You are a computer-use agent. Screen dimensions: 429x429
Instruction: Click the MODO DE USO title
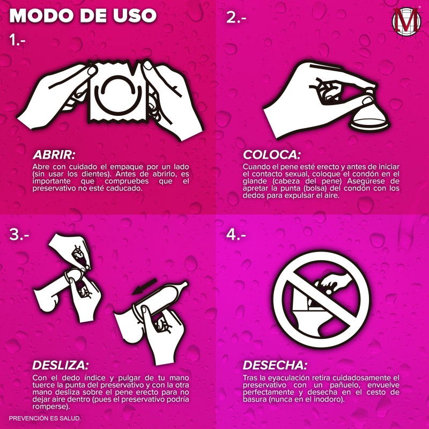pos(83,16)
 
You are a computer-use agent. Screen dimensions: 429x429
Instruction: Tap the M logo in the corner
pos(406,21)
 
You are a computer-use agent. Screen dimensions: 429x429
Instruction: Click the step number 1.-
pos(17,40)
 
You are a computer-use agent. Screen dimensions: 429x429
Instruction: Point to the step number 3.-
pos(19,234)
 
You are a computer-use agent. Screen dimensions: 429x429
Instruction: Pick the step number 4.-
pos(236,234)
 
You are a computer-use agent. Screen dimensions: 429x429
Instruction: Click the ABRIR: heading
pos(54,155)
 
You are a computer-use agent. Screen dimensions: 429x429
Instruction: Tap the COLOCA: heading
pos(272,155)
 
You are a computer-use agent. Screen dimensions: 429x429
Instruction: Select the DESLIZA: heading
pos(61,365)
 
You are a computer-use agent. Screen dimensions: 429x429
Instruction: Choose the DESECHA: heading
pos(275,365)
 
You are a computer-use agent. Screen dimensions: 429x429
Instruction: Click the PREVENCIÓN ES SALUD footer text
pos(45,418)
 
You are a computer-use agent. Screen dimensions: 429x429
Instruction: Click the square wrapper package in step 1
pos(117,92)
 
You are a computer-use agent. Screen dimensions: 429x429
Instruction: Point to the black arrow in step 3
pos(144,286)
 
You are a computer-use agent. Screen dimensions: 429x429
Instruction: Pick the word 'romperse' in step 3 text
pos(50,407)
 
